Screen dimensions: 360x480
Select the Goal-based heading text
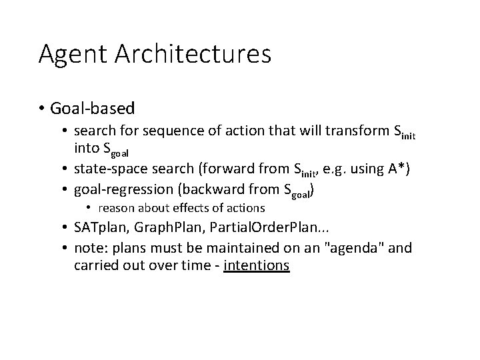click(95, 107)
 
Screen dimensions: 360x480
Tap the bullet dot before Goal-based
click(42, 108)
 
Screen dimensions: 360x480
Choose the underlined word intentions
click(257, 265)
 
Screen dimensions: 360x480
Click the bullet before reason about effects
click(89, 209)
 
